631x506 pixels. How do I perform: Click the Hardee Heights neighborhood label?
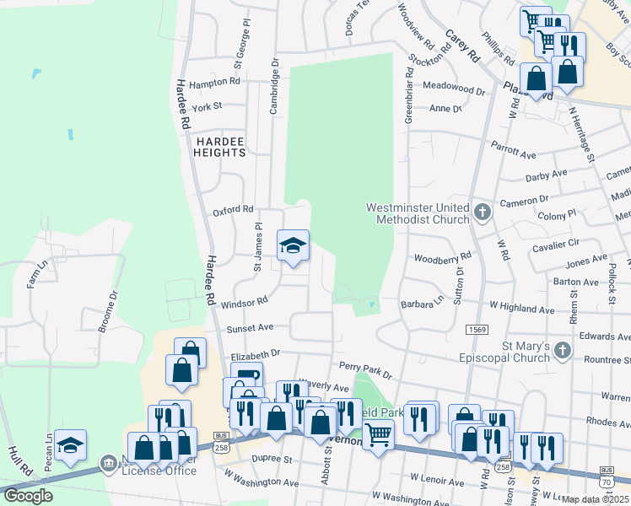coord(219,147)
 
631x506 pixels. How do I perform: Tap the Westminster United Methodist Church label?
coord(418,213)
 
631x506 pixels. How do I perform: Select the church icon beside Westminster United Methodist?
coord(482,212)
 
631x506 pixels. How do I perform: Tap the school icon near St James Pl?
coord(294,245)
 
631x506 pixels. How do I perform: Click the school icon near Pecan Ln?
coord(71,444)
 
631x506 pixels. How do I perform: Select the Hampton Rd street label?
coord(214,83)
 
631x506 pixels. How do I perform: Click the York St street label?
coord(206,107)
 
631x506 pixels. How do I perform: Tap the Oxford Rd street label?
coord(233,209)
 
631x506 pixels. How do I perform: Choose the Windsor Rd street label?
coord(245,301)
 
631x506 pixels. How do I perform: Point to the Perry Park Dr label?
coord(365,368)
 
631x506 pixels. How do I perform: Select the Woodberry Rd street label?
coord(442,256)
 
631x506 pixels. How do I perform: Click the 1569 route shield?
coord(477,330)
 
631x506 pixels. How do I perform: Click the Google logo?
coord(28,495)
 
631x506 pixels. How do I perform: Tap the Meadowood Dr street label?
coord(455,87)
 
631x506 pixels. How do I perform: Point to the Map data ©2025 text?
coord(595,499)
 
